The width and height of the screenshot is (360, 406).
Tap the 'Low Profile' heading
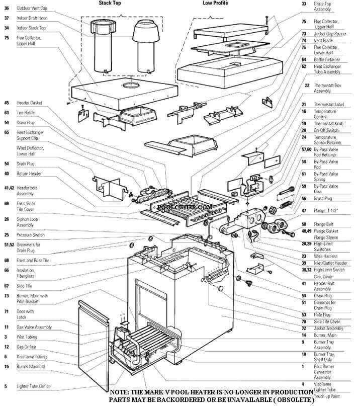click(215, 3)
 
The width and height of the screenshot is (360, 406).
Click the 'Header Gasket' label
click(29, 103)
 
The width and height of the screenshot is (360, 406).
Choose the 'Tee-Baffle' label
click(26, 113)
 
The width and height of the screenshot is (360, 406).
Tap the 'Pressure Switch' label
click(30, 235)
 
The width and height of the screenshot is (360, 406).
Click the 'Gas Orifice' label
click(27, 347)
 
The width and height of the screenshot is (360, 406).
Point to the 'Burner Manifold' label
click(31, 367)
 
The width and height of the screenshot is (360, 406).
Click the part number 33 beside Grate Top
click(304, 4)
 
